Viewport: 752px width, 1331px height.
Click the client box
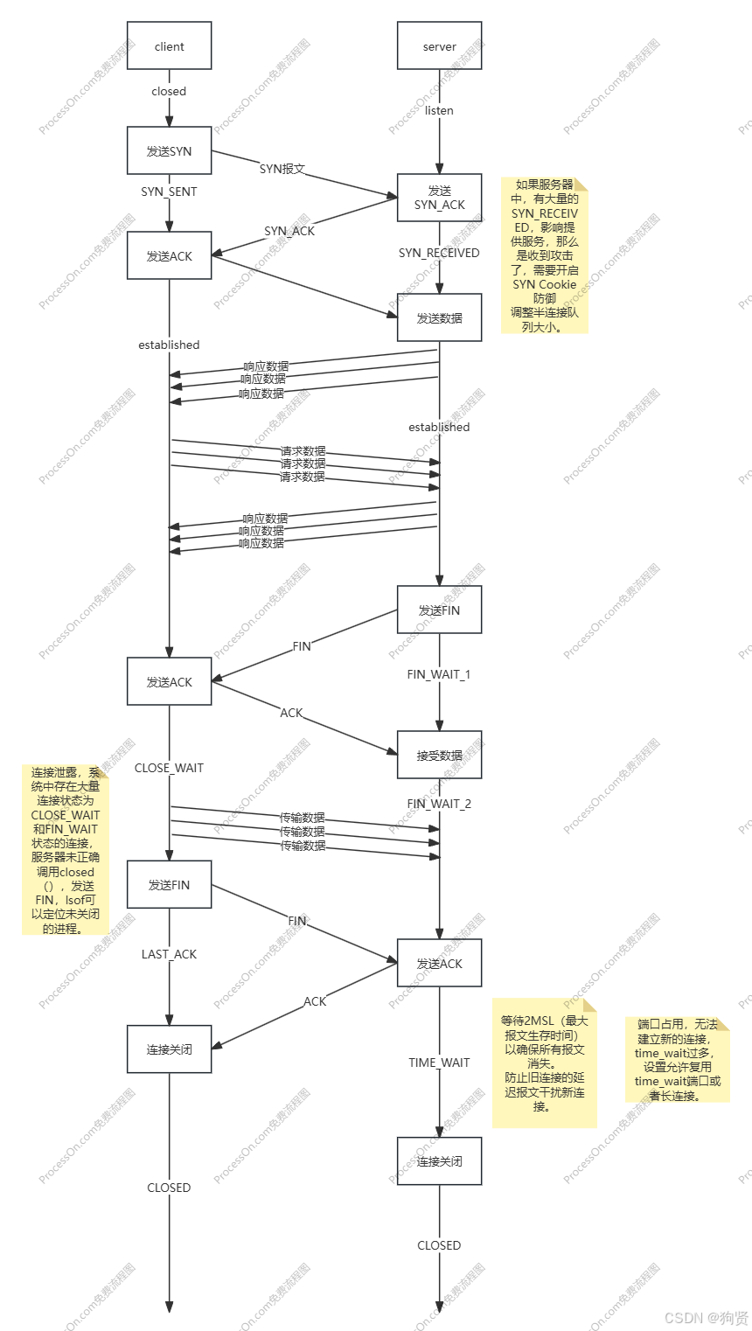click(x=169, y=46)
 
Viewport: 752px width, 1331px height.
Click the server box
click(x=439, y=46)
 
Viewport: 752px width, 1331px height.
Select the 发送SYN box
click(x=169, y=151)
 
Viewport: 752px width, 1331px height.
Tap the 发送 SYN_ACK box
click(x=439, y=198)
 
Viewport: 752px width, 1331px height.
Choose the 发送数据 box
click(x=439, y=317)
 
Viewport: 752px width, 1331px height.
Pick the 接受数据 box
click(x=439, y=756)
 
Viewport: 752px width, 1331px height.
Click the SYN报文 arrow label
click(x=282, y=169)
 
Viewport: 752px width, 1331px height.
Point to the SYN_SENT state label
click(x=169, y=192)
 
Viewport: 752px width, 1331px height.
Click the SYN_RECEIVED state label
click(x=439, y=253)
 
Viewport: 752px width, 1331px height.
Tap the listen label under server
click(x=439, y=111)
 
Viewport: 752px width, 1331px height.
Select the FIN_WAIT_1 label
click(x=439, y=674)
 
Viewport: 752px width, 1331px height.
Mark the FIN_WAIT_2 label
click(x=439, y=804)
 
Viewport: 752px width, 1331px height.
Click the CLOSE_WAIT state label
click(x=169, y=768)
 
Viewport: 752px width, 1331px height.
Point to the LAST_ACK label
click(x=169, y=954)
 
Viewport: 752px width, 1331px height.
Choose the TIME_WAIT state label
click(x=439, y=1063)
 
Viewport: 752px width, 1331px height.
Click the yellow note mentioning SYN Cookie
click(x=544, y=255)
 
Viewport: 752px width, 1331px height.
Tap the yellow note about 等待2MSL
click(x=544, y=1063)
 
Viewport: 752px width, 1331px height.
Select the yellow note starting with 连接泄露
click(x=66, y=850)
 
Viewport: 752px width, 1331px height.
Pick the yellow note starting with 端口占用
click(x=678, y=1059)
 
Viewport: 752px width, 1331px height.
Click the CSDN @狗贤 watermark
click(x=705, y=1317)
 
